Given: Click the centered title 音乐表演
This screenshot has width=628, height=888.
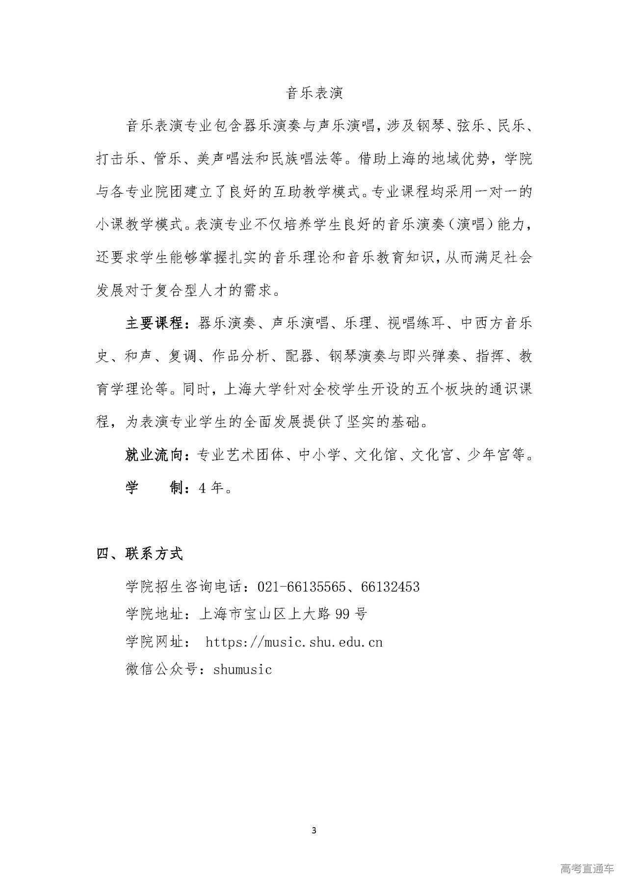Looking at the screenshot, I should tap(314, 93).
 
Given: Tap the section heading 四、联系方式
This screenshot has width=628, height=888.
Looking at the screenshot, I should tap(140, 554).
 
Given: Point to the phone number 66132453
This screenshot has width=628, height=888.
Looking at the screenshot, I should tap(390, 587).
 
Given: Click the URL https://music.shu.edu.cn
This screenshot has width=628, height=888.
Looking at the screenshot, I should tap(294, 642).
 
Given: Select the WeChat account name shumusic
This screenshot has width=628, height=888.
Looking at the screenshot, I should tap(242, 669).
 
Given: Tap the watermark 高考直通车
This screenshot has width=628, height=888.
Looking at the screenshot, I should tap(586, 868).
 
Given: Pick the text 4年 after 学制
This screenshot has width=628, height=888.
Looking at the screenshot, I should tap(211, 488).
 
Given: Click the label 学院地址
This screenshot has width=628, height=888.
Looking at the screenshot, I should tap(155, 614).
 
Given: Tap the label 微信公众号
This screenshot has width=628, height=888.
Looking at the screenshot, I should tap(162, 669).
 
